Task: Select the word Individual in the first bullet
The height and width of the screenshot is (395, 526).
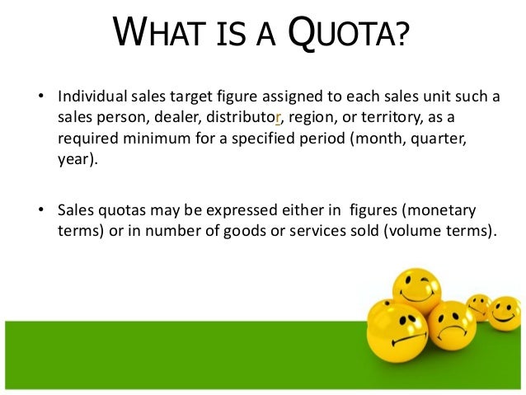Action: (x=87, y=97)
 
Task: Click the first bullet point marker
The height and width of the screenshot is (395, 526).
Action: (x=37, y=98)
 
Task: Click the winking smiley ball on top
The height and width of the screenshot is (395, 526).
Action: (x=416, y=288)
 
